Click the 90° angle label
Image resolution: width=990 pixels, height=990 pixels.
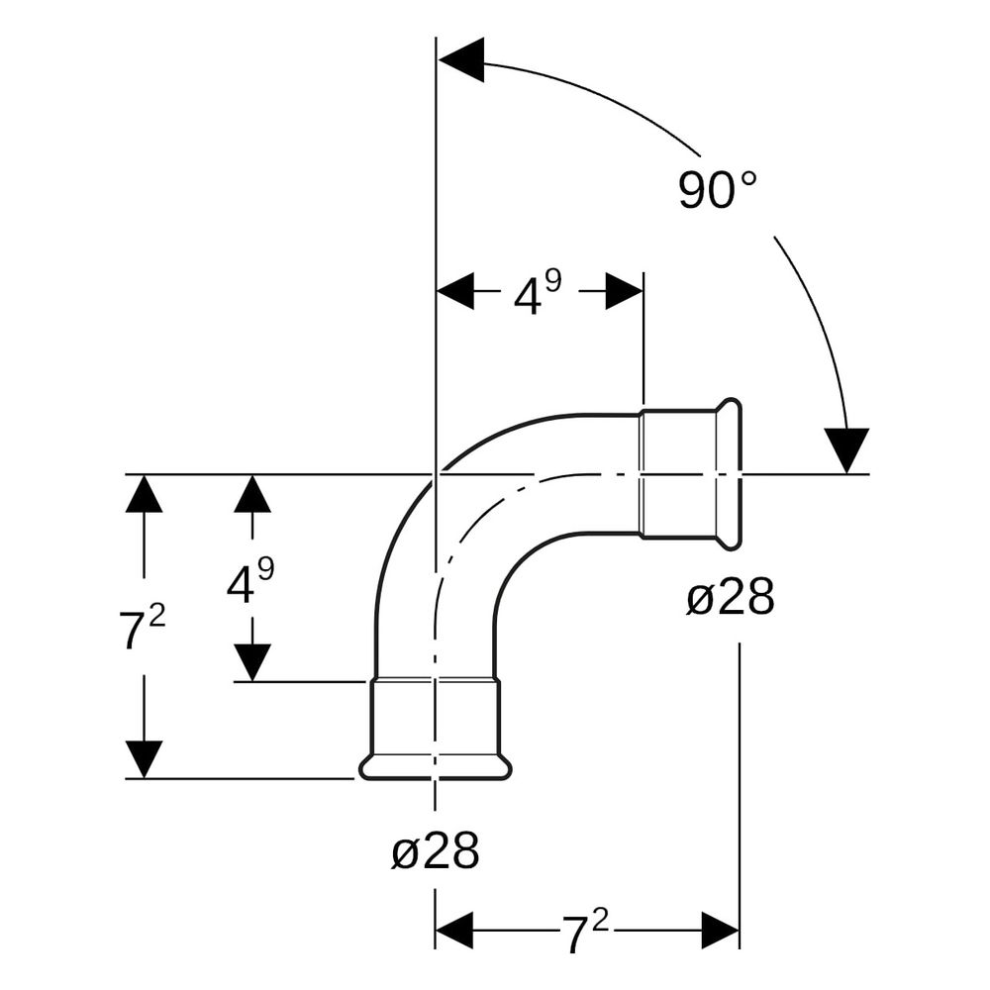[717, 189]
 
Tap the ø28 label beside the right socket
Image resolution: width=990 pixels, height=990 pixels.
[730, 597]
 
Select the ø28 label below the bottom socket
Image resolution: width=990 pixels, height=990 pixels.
[435, 850]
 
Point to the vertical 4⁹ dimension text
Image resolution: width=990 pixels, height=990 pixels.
[250, 581]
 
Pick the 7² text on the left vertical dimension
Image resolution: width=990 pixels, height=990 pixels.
[142, 627]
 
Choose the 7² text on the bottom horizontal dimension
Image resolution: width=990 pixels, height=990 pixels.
[585, 932]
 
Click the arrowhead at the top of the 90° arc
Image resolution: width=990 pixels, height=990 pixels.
[461, 60]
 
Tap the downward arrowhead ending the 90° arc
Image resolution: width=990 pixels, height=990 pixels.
[846, 450]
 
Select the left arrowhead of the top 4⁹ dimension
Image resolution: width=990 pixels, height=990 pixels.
[455, 291]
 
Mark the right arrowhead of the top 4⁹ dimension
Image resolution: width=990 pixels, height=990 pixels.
[625, 291]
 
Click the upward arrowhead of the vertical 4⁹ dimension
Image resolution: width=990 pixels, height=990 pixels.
[252, 493]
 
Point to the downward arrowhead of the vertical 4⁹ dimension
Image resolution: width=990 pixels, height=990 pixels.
[252, 662]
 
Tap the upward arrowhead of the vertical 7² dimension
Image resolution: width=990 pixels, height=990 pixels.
[144, 493]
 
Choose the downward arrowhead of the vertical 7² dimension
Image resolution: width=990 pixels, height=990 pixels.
[144, 759]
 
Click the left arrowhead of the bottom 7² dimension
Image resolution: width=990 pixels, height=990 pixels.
[454, 930]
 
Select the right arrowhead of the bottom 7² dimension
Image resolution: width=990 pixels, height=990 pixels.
[721, 930]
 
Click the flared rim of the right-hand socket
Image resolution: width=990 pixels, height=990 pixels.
[730, 475]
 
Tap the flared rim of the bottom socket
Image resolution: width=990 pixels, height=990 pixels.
[435, 767]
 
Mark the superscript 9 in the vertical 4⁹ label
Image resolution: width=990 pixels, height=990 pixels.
[266, 570]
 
